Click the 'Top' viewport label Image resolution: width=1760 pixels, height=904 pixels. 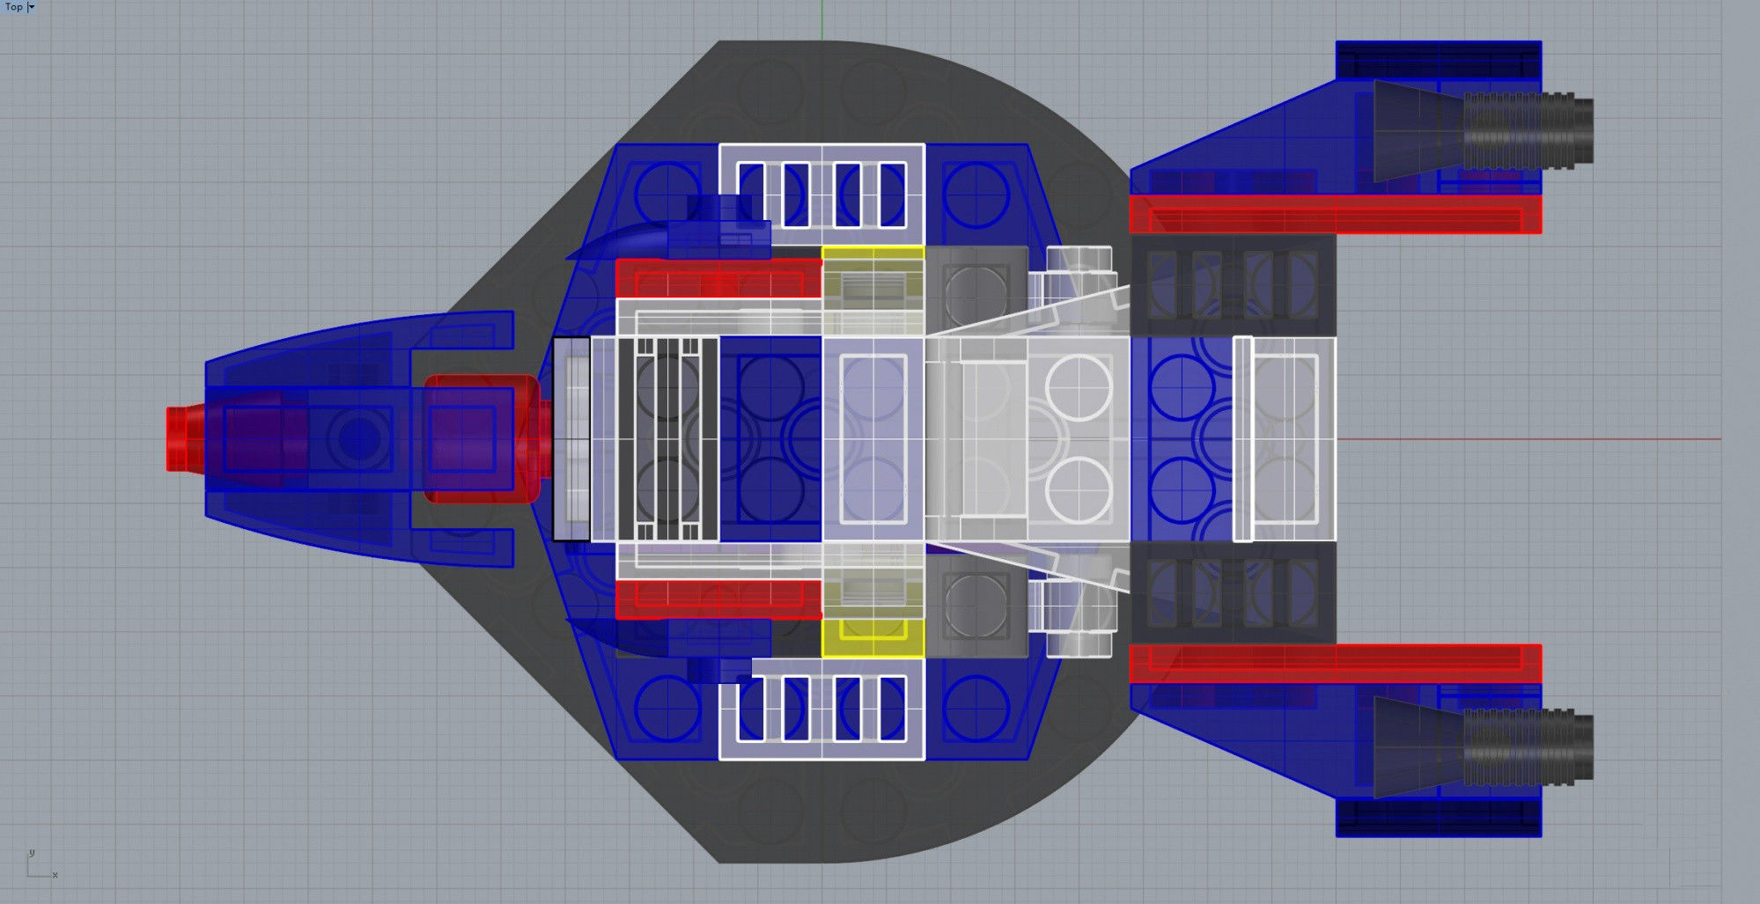[14, 7]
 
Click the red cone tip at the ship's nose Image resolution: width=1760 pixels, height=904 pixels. [181, 438]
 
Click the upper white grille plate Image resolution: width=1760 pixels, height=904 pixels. [821, 187]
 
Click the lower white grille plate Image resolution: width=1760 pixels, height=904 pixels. [821, 709]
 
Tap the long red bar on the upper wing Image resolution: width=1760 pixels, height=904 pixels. [1335, 215]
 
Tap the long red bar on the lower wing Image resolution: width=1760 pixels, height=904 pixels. [1335, 664]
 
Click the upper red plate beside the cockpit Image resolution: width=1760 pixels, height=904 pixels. [718, 278]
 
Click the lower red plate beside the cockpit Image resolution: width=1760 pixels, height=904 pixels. [718, 599]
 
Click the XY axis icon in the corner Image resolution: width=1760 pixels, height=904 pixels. [39, 866]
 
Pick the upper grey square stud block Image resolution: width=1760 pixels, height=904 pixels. [976, 283]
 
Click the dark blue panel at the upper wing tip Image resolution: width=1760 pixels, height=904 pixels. [1438, 60]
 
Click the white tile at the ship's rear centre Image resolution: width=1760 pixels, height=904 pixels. [1285, 438]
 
